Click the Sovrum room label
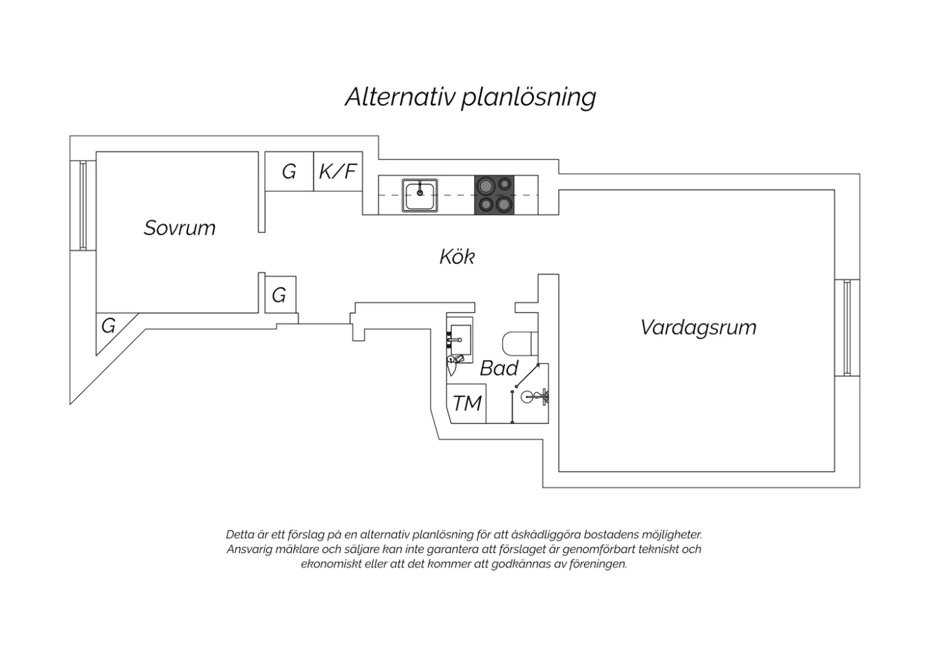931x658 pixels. coord(179,228)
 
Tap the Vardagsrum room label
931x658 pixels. coord(698,328)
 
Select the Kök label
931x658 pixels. coord(457,256)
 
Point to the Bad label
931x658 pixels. coord(499,368)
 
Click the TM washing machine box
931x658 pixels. coord(466,403)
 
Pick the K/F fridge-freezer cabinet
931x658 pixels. coord(338,171)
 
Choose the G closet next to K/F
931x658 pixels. coord(289,171)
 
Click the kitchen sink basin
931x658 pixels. coord(420,196)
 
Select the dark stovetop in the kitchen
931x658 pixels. coord(494,195)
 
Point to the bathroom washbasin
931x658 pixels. coord(460,340)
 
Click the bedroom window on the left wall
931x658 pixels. coord(83,205)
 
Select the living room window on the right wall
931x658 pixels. coord(847,328)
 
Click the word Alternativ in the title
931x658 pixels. coord(400,97)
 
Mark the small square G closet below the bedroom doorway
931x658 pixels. coord(281,295)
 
